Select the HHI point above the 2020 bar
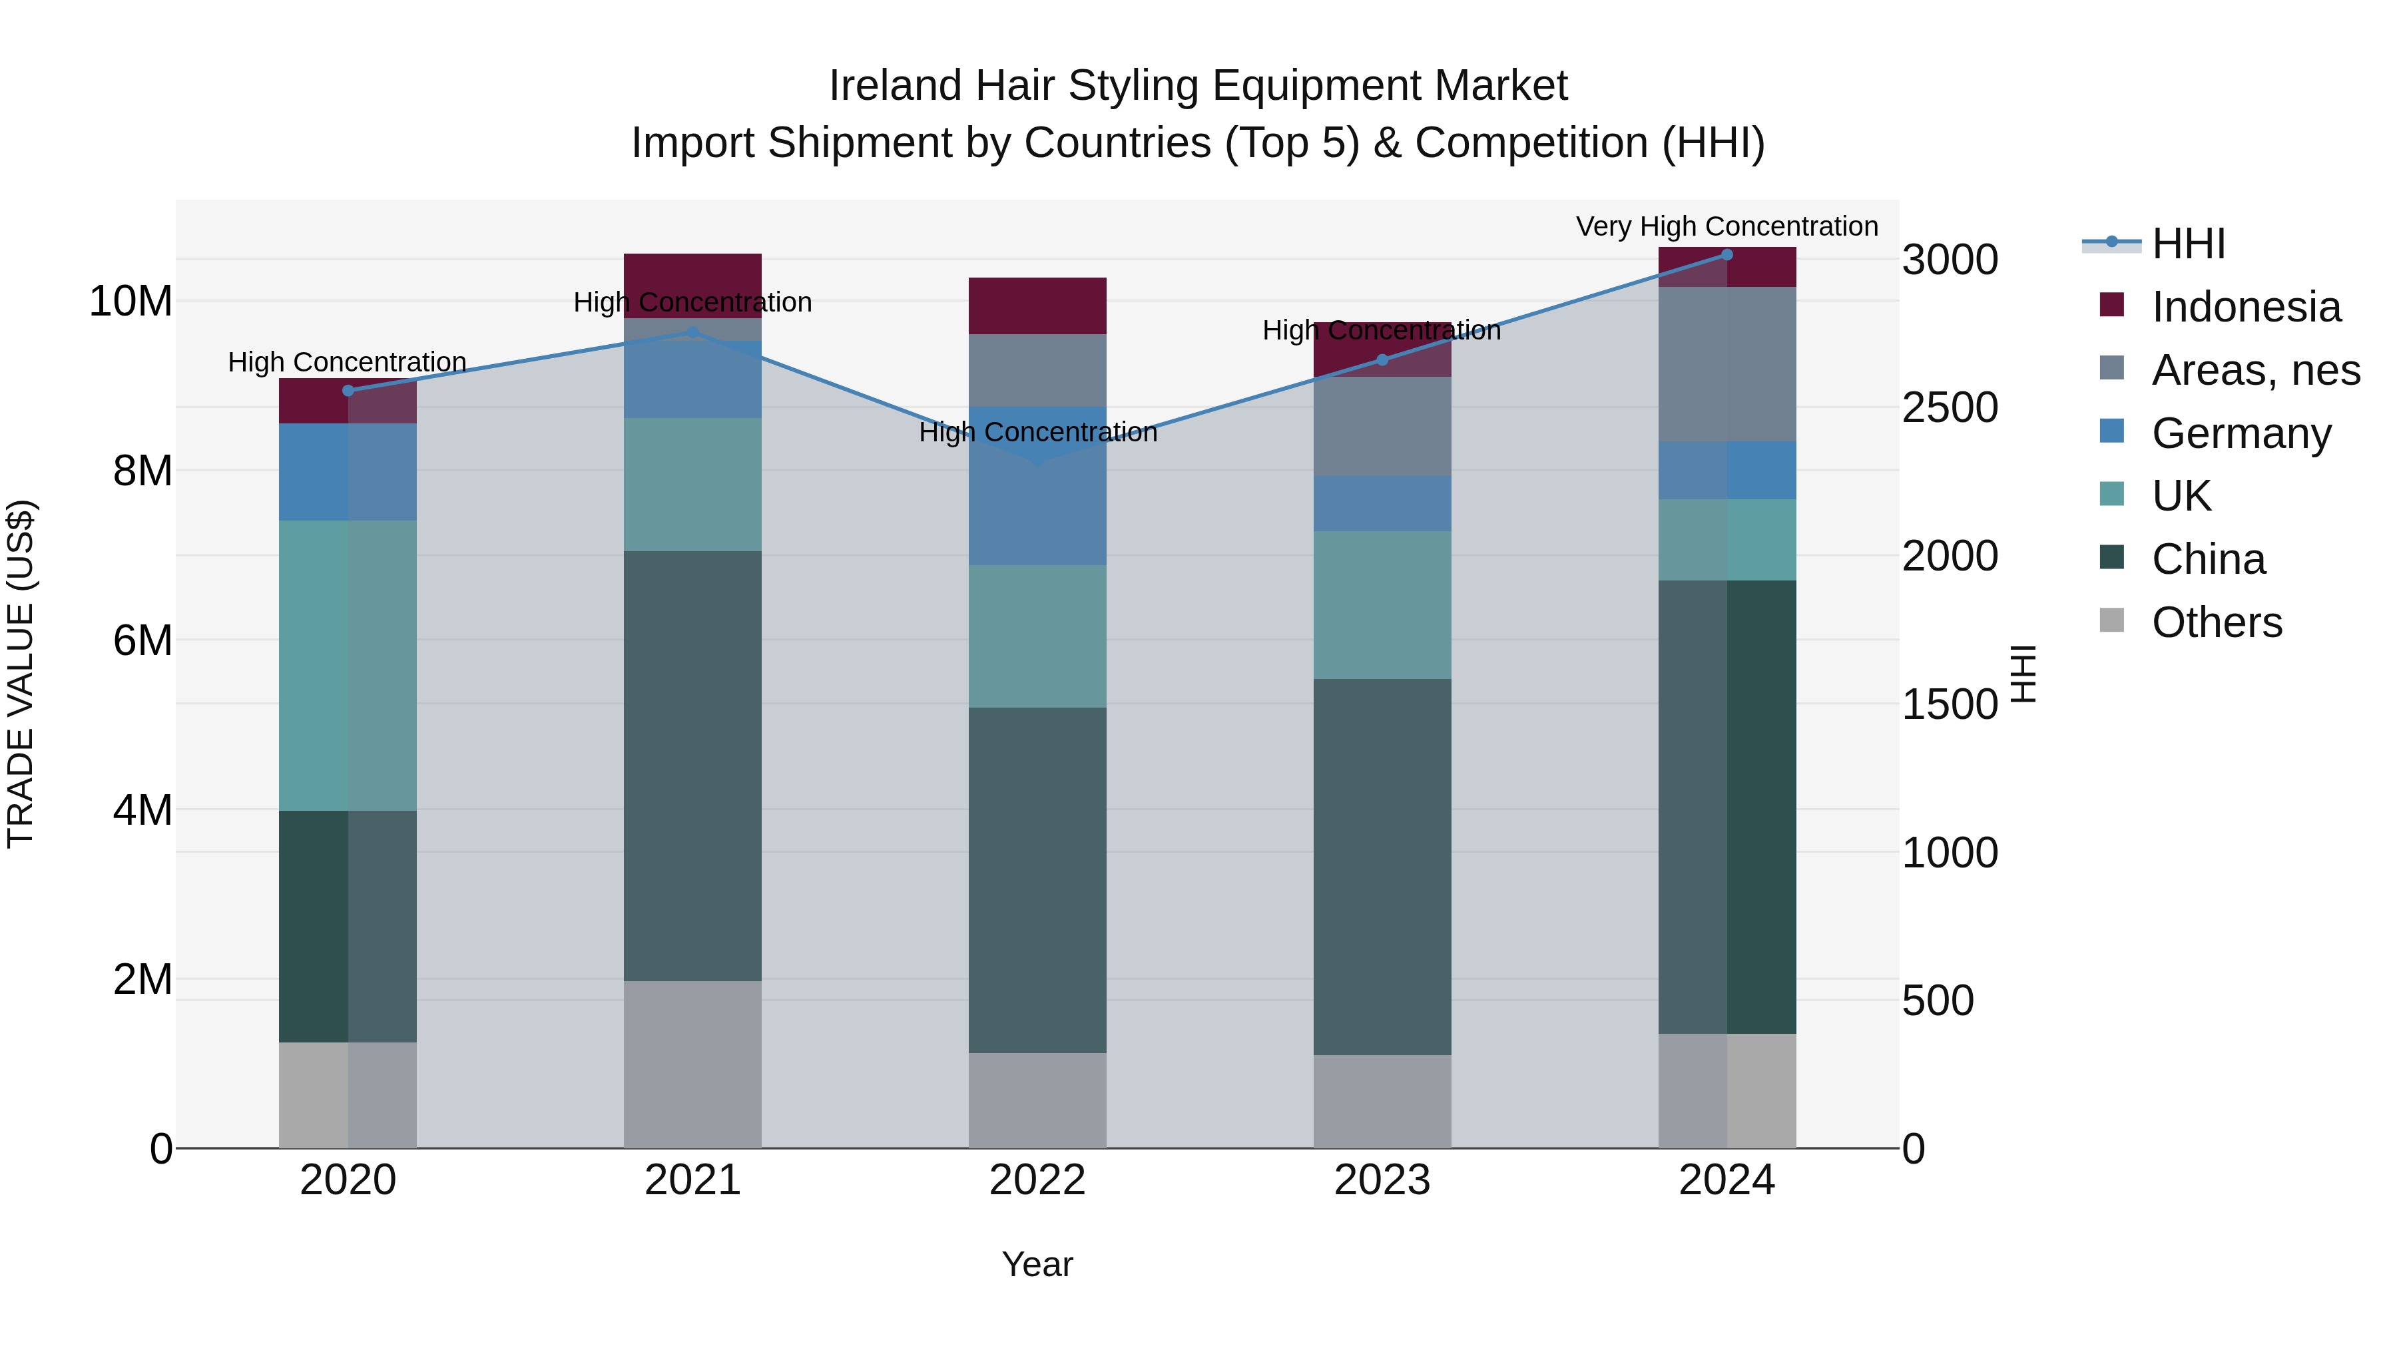coord(348,391)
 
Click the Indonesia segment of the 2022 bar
coord(1037,305)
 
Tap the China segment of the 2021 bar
coord(692,765)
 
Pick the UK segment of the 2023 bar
coord(1382,604)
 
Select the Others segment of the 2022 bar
coord(1037,1100)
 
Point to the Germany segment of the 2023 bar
coord(1382,503)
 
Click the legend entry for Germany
coord(2241,433)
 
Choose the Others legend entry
coord(2217,622)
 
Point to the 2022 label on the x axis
coord(1037,1180)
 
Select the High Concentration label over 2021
coord(692,302)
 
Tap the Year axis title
coord(1037,1264)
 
